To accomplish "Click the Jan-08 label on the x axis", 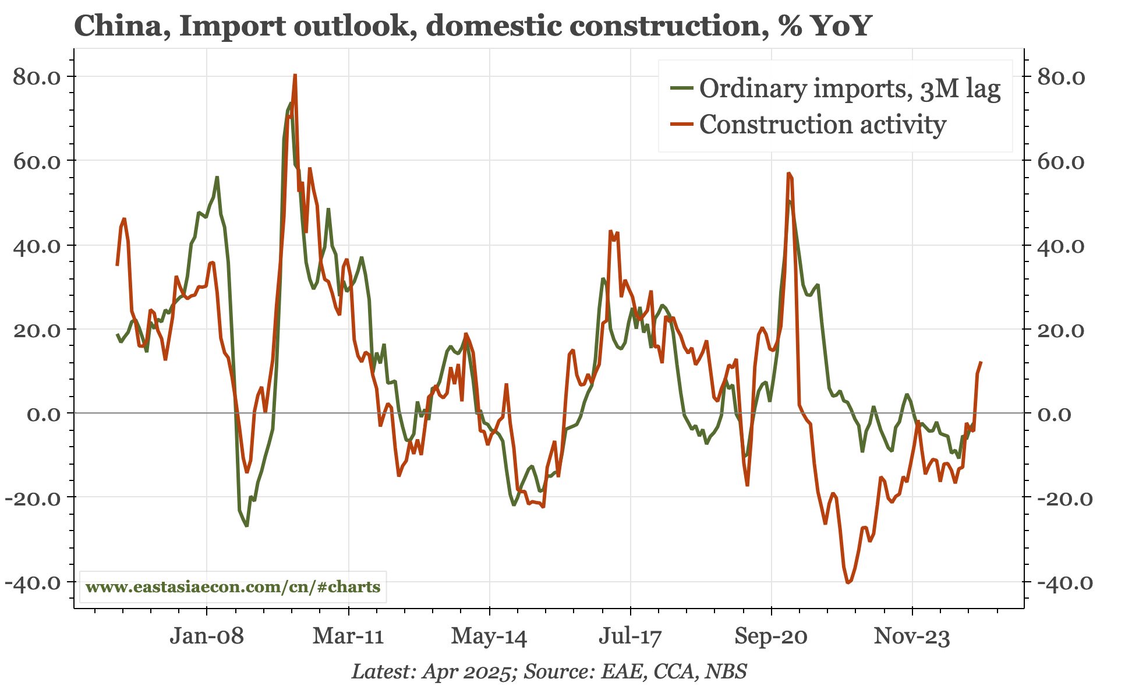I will [206, 636].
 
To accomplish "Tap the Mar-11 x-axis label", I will [348, 636].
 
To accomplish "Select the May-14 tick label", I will [489, 636].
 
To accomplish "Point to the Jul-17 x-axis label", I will [630, 636].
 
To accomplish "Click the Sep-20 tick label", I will [771, 636].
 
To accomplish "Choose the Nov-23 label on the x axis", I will [912, 636].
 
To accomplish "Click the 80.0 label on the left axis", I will [37, 77].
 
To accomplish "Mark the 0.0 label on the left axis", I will [44, 414].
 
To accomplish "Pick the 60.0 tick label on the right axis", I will [1062, 161].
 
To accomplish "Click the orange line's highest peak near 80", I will [295, 75].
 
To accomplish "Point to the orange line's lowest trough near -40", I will [848, 582].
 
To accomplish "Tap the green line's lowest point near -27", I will [247, 526].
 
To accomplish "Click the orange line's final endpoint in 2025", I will [981, 363].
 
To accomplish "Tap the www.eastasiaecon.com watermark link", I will [233, 586].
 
